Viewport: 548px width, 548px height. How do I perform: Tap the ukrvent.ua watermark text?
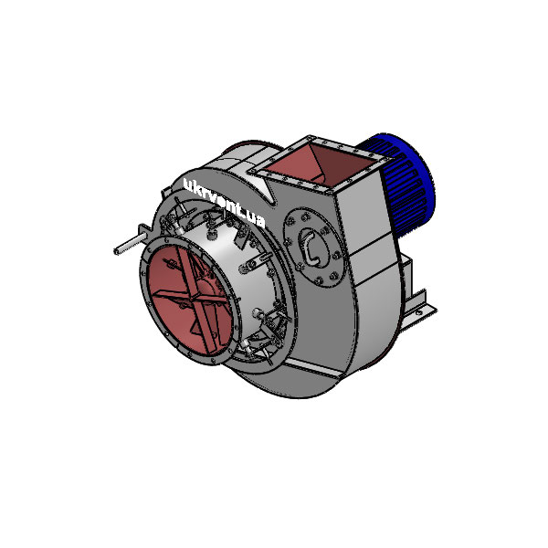[224, 204]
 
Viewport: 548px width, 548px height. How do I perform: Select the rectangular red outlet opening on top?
[324, 164]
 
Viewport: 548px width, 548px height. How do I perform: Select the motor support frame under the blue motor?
[402, 274]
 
